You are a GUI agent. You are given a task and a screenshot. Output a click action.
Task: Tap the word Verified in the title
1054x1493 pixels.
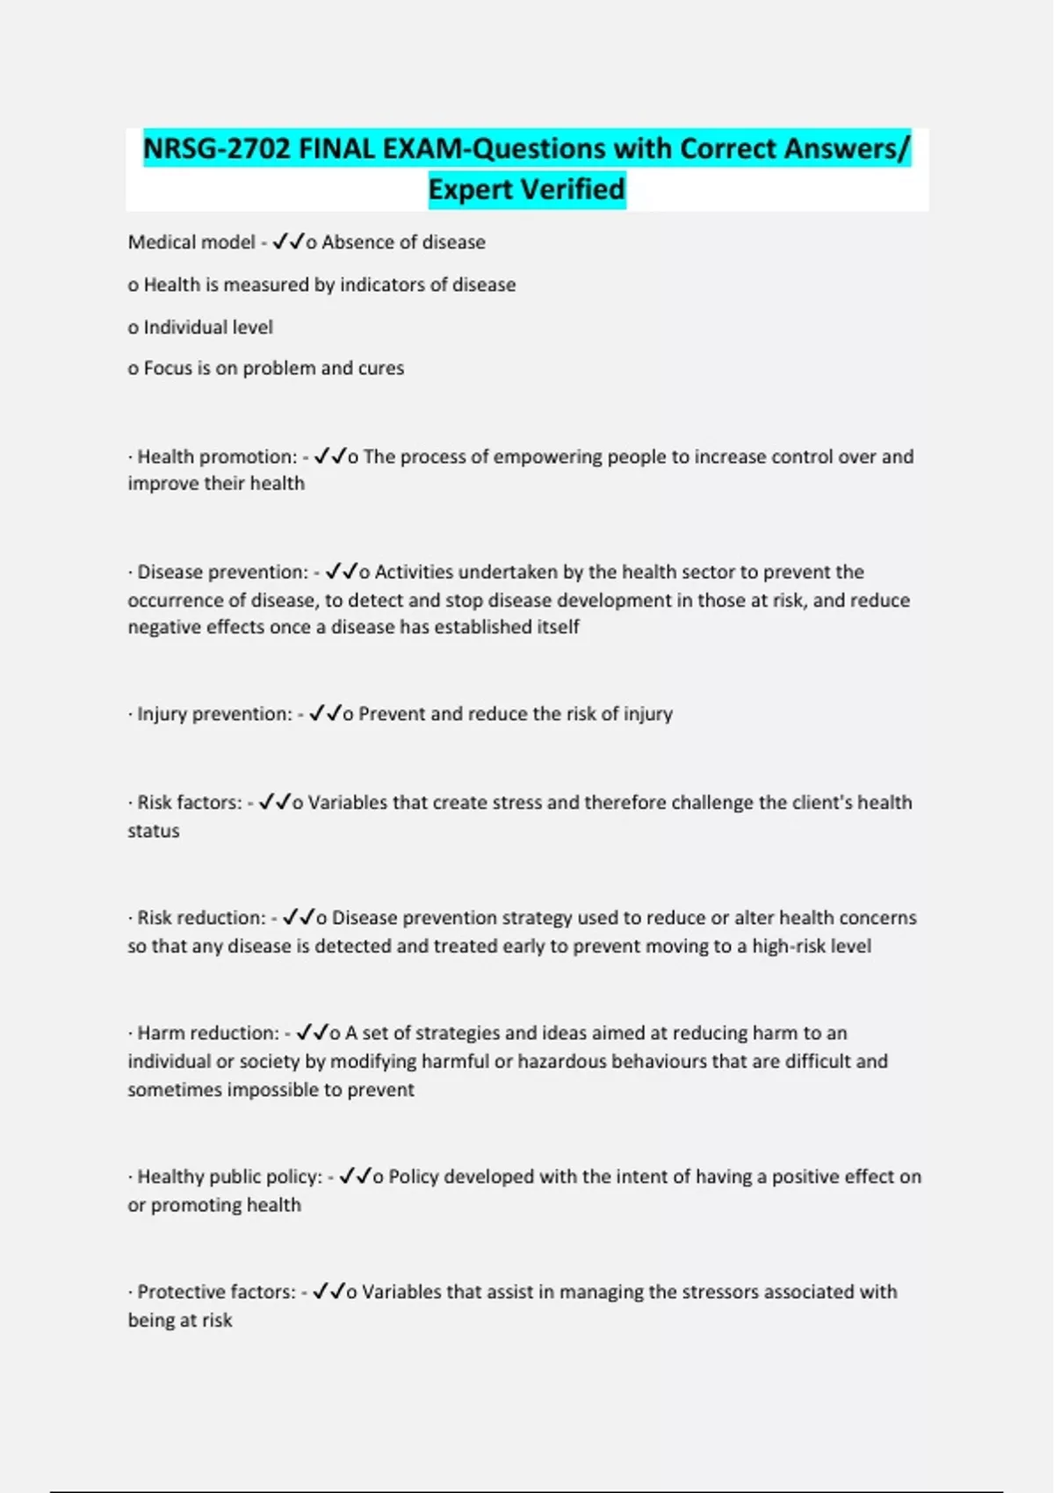(x=571, y=189)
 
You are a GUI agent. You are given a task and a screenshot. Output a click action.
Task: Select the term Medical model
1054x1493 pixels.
(x=191, y=242)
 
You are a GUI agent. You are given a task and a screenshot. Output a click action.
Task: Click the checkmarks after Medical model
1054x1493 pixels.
(x=288, y=242)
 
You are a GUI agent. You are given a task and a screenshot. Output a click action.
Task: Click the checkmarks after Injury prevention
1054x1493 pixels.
(x=325, y=713)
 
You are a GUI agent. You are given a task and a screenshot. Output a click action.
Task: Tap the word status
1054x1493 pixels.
(x=154, y=832)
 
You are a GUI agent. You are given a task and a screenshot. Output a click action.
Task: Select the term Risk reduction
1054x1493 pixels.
(x=201, y=918)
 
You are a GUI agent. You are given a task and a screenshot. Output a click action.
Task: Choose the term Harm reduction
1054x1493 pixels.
(x=208, y=1034)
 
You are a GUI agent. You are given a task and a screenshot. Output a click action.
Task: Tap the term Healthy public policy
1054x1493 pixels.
(x=230, y=1177)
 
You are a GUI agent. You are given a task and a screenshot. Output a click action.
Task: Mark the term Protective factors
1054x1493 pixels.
(x=216, y=1292)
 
